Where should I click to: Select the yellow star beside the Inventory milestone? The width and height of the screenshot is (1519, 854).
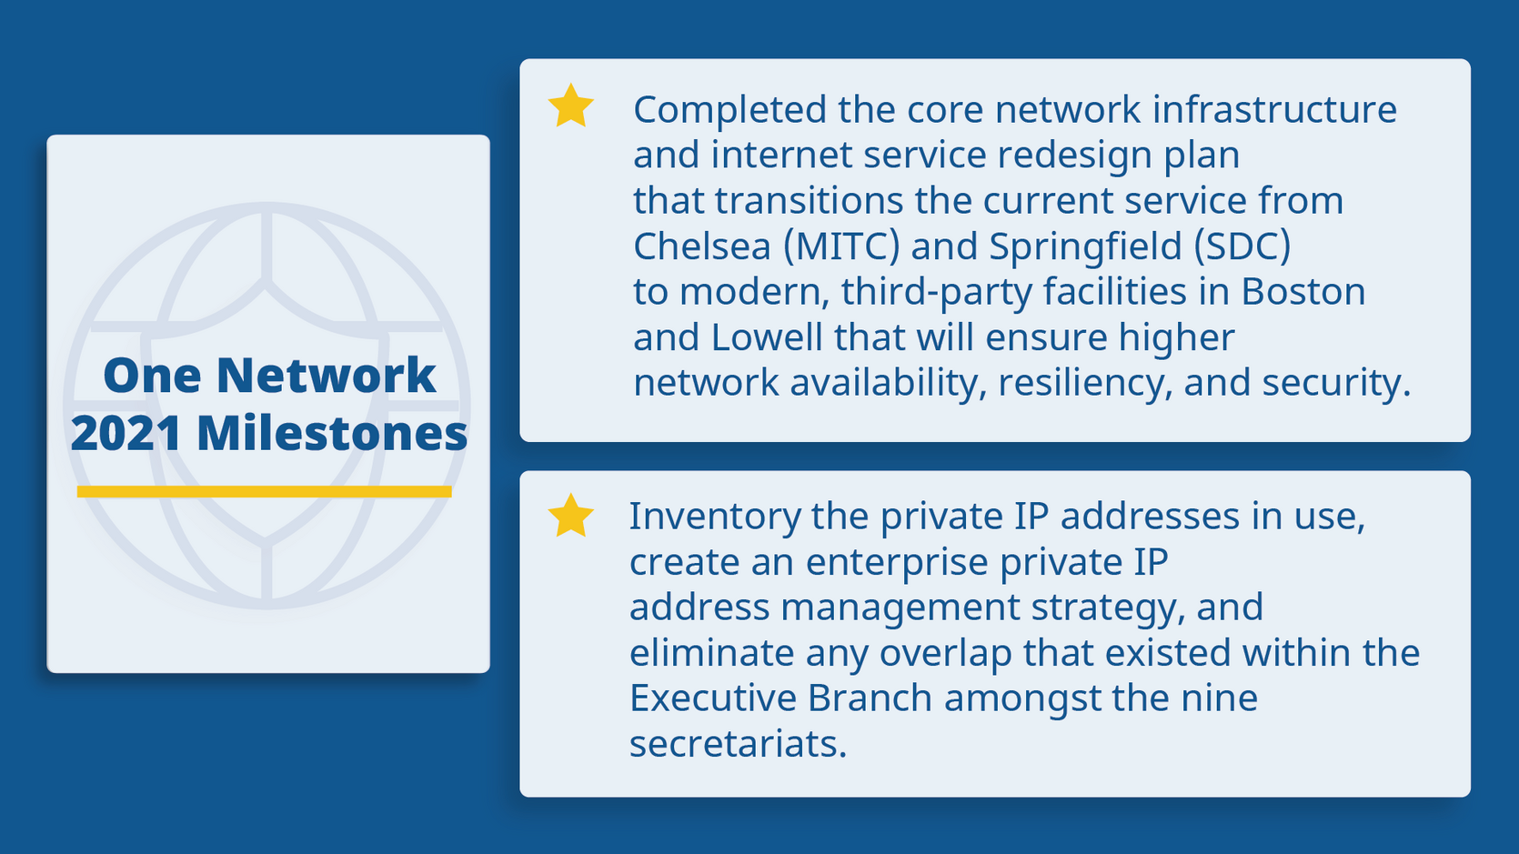tap(571, 516)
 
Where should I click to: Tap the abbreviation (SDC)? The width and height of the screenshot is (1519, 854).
tap(1242, 246)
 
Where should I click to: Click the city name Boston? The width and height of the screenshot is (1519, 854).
tap(1303, 292)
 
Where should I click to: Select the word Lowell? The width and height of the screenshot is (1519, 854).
tap(767, 337)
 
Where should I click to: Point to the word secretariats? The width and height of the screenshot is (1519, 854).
tap(737, 744)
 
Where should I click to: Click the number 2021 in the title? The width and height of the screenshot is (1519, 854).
tap(126, 433)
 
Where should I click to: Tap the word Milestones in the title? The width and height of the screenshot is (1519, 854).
tap(332, 433)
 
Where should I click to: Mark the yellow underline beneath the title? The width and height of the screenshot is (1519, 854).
tap(264, 492)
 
